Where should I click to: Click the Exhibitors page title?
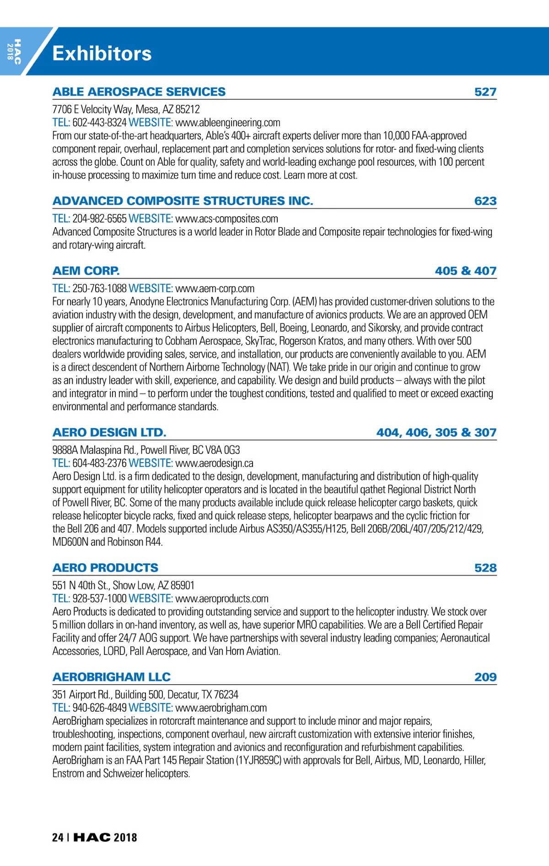(102, 54)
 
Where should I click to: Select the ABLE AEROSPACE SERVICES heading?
(139, 92)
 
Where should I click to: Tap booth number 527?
(485, 92)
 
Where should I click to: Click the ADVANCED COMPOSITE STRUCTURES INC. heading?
(183, 201)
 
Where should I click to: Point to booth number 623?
(485, 201)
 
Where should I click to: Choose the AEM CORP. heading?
(86, 271)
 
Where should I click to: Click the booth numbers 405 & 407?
(466, 271)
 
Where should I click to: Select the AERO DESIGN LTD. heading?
(109, 432)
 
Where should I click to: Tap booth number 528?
(485, 568)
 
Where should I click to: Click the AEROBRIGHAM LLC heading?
(112, 677)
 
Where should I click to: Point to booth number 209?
(485, 677)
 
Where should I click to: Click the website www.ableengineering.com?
(228, 123)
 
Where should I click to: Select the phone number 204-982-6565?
(99, 219)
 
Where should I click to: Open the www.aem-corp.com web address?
(215, 289)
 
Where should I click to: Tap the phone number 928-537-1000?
(99, 599)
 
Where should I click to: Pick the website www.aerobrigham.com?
(221, 708)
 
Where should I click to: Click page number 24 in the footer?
(58, 838)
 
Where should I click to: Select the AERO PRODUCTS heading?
(106, 568)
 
